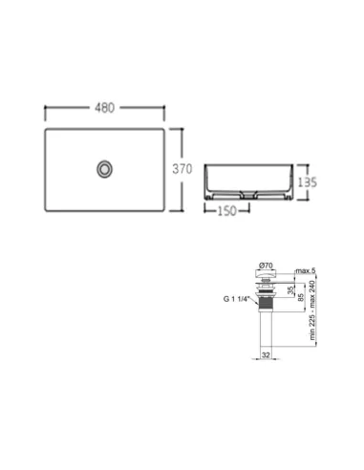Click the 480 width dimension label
[105, 108]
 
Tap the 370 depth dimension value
[183, 168]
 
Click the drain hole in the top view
[103, 169]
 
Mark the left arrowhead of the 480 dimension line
[47, 108]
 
